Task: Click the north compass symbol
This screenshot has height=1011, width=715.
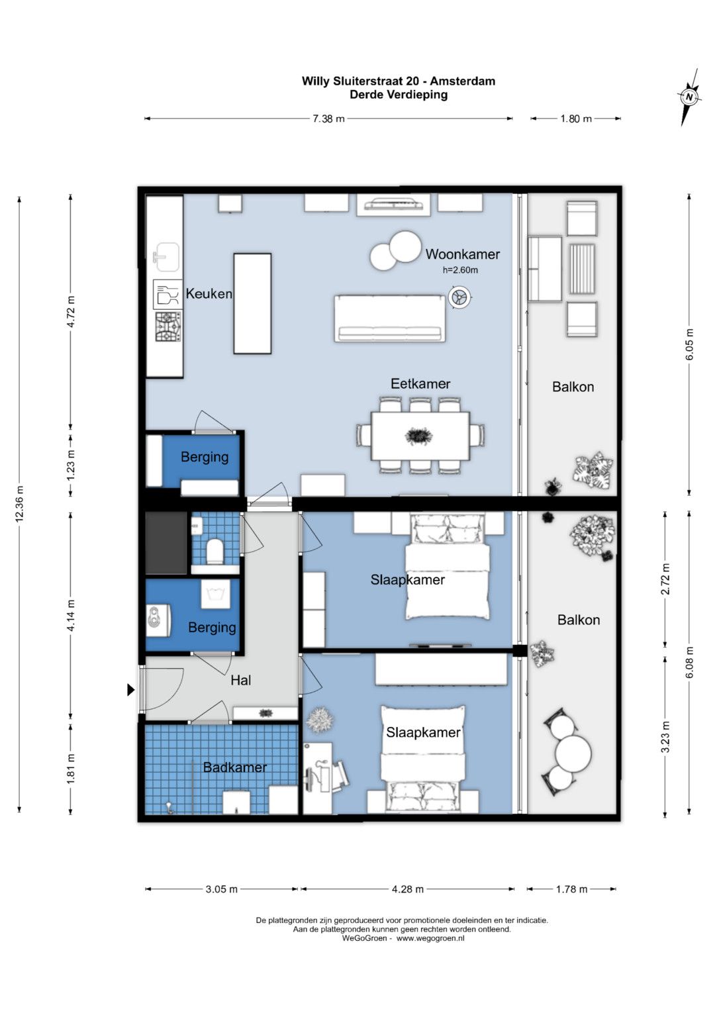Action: (x=689, y=97)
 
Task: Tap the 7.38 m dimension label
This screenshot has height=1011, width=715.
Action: (x=328, y=119)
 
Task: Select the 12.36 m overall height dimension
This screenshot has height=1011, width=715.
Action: (x=19, y=504)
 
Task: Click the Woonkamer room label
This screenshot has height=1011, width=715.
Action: (x=462, y=254)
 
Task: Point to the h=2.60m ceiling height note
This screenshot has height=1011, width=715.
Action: (x=460, y=270)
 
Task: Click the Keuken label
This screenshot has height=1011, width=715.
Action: (x=209, y=294)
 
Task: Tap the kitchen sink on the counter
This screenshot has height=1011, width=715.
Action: (x=167, y=257)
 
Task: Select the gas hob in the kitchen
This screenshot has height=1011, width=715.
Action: (x=168, y=327)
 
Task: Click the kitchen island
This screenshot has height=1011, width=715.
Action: (x=252, y=303)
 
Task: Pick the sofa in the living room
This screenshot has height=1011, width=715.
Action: (x=389, y=318)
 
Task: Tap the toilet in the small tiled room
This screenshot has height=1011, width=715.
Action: (x=215, y=552)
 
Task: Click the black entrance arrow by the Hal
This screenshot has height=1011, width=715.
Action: (x=131, y=690)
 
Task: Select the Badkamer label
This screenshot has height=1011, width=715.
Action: (x=235, y=767)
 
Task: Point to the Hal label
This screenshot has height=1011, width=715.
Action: (x=240, y=680)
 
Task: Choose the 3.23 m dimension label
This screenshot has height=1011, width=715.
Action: (x=665, y=737)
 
